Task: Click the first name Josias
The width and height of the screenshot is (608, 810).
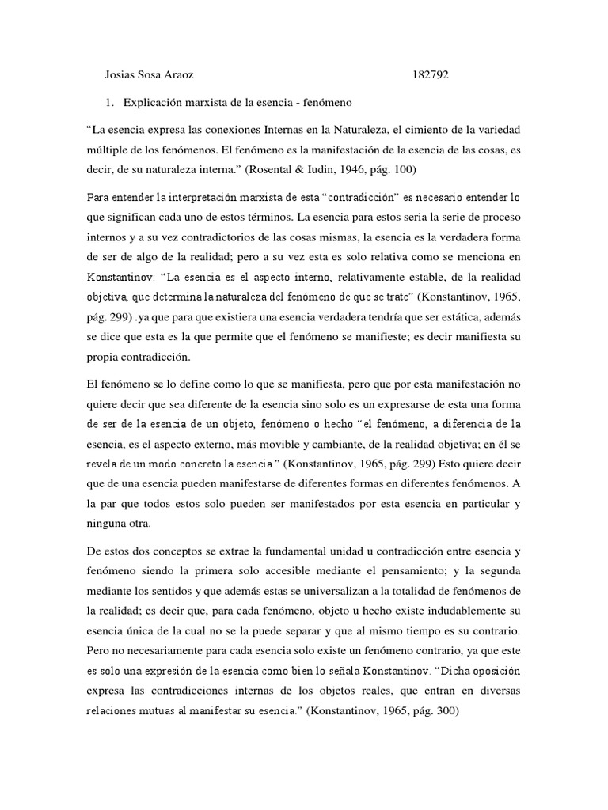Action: (x=121, y=76)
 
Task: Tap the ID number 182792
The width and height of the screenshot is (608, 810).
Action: (x=431, y=76)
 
